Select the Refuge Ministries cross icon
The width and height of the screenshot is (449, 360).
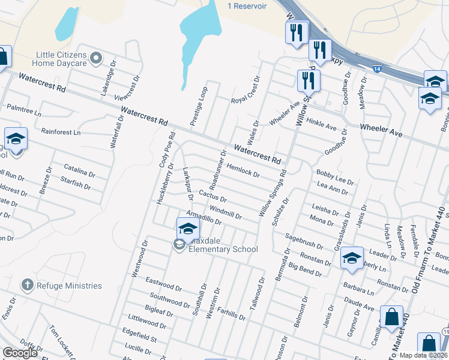click(26, 285)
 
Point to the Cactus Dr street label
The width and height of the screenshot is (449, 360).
click(213, 196)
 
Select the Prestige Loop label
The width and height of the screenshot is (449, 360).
click(199, 108)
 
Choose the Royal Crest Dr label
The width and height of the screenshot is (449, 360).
click(246, 90)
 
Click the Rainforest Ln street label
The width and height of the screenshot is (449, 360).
click(61, 132)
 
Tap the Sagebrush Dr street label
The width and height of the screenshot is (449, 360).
click(304, 244)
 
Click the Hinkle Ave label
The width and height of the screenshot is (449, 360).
click(322, 125)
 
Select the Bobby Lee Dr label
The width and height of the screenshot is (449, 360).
click(336, 176)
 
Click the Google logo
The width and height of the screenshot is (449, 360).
click(19, 353)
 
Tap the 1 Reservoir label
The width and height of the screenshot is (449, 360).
click(246, 6)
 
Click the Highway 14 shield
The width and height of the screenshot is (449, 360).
click(376, 70)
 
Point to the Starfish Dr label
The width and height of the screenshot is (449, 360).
click(76, 182)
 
